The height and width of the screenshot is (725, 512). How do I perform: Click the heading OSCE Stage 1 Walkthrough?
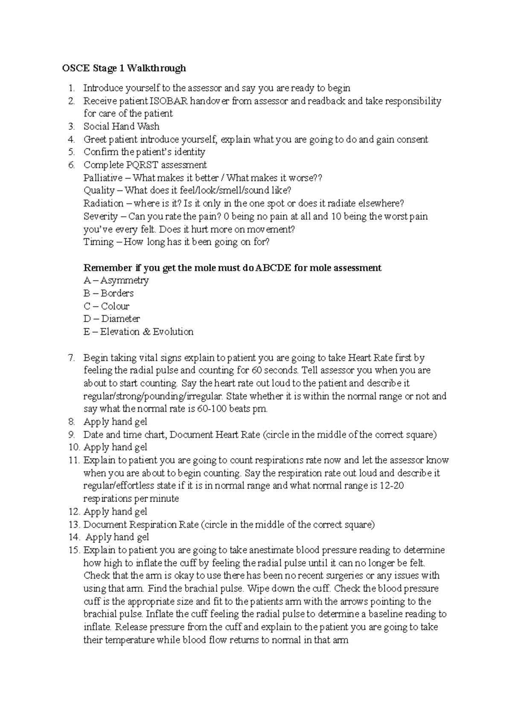pyautogui.click(x=124, y=68)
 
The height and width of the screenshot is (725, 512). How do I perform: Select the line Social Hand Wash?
pyautogui.click(x=121, y=126)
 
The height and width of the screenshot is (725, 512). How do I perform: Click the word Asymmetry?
pyautogui.click(x=124, y=281)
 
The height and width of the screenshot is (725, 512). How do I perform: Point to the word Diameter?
pyautogui.click(x=120, y=319)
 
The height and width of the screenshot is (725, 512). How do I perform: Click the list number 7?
pyautogui.click(x=71, y=358)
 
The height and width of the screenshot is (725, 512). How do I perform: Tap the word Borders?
pyautogui.click(x=117, y=293)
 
